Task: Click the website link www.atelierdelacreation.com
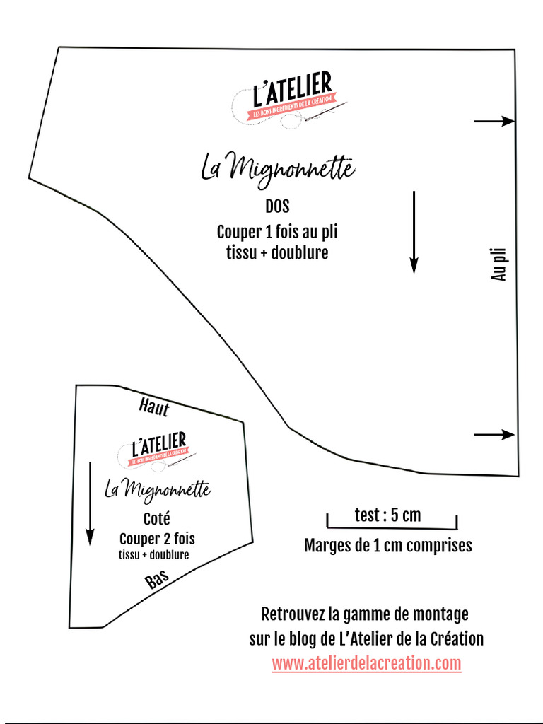(366, 664)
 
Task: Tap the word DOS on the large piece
(277, 207)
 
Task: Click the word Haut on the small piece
(154, 407)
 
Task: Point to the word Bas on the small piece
(157, 580)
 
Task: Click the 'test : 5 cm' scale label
(387, 515)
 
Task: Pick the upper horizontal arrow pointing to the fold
(494, 122)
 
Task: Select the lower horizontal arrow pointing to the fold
(494, 434)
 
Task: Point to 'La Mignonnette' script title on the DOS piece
(277, 168)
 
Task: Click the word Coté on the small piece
(156, 519)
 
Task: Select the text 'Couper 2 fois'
(157, 539)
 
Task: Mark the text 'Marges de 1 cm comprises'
(387, 546)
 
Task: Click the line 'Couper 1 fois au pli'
(277, 232)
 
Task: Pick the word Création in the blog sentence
(457, 639)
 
